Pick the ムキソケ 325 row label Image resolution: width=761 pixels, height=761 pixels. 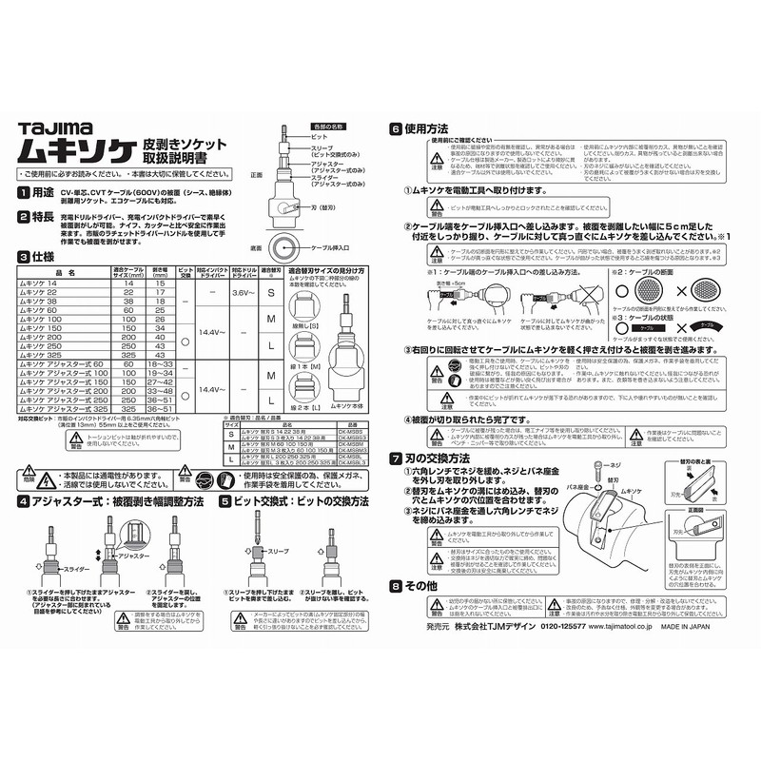pyautogui.click(x=49, y=355)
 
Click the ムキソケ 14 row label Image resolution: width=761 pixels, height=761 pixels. pyautogui.click(x=47, y=283)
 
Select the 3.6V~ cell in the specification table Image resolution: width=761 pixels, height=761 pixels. pyautogui.click(x=244, y=292)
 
